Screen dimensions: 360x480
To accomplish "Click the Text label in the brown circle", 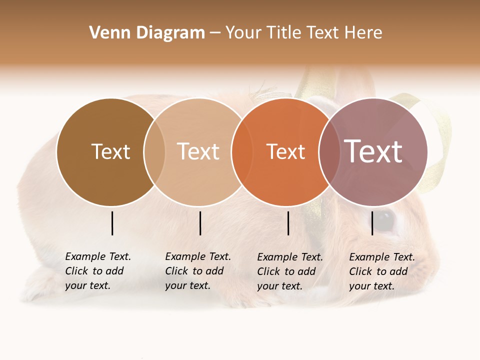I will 110,151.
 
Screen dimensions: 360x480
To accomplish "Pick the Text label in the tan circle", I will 198,151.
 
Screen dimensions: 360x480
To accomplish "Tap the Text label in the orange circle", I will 285,151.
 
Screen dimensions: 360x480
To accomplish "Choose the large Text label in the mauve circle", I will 373,151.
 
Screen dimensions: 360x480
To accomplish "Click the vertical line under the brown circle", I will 112,223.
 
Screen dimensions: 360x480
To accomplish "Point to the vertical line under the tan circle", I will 200,223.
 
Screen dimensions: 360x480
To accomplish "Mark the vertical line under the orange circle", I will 288,223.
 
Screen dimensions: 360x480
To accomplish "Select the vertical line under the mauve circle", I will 372,223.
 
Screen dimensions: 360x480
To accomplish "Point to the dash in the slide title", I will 215,33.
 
